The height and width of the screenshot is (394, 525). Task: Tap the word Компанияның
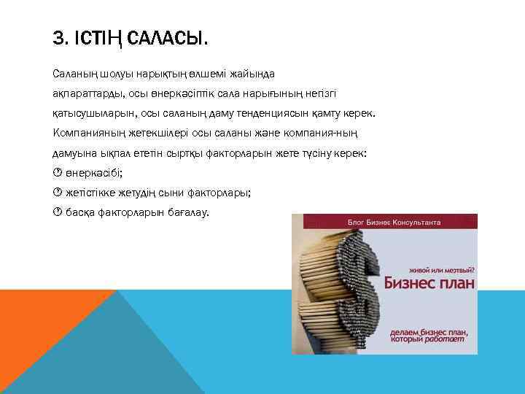click(90, 134)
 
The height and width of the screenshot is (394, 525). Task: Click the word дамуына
click(75, 155)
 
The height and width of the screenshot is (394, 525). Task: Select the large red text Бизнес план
click(426, 283)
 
